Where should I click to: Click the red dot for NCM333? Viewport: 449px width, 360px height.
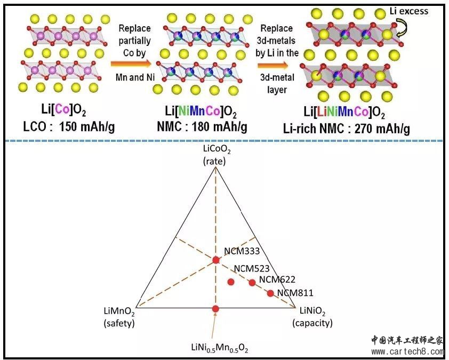point(215,260)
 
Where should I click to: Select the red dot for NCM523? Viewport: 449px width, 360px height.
point(231,282)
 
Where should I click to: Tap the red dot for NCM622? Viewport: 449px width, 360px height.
point(252,283)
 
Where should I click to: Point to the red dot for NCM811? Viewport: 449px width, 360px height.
point(270,293)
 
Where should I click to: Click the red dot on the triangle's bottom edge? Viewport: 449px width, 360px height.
point(215,309)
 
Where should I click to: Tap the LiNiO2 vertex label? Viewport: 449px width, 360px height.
point(312,312)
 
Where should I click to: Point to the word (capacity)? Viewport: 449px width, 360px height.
point(312,323)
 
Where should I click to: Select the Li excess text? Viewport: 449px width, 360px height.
point(408,11)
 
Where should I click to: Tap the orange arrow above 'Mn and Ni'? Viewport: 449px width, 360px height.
point(132,64)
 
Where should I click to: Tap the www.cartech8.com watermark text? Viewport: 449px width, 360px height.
point(407,351)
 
